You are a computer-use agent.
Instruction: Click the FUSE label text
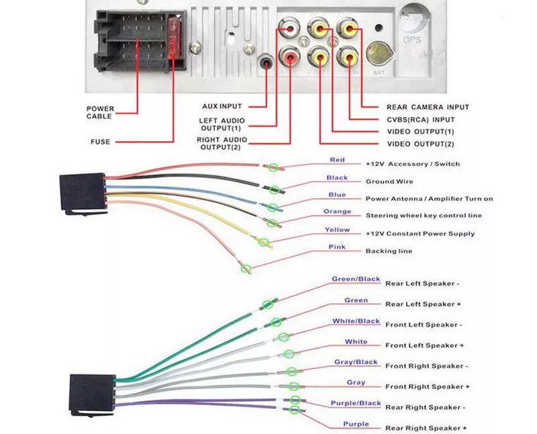[x=100, y=142]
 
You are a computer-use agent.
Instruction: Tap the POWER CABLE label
[x=100, y=112]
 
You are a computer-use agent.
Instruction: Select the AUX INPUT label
[x=222, y=106]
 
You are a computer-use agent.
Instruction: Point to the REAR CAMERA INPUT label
[x=428, y=107]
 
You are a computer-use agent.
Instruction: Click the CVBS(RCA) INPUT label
[x=420, y=120]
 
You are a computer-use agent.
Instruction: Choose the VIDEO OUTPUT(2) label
[x=420, y=144]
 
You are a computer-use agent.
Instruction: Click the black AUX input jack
[x=267, y=64]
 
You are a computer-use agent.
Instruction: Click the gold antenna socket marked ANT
[x=379, y=52]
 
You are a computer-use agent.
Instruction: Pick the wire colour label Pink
[x=337, y=247]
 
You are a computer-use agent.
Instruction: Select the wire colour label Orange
[x=337, y=212]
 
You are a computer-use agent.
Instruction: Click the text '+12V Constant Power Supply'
[x=420, y=234]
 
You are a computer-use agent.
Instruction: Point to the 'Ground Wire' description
[x=389, y=181]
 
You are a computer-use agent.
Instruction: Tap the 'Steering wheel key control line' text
[x=424, y=216]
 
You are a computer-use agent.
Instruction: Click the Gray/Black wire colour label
[x=356, y=362]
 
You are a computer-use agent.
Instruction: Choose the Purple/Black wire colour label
[x=356, y=403]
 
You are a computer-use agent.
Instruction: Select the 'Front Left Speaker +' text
[x=424, y=345]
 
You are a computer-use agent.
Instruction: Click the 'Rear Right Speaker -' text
[x=426, y=407]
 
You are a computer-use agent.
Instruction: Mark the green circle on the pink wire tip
[x=246, y=269]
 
